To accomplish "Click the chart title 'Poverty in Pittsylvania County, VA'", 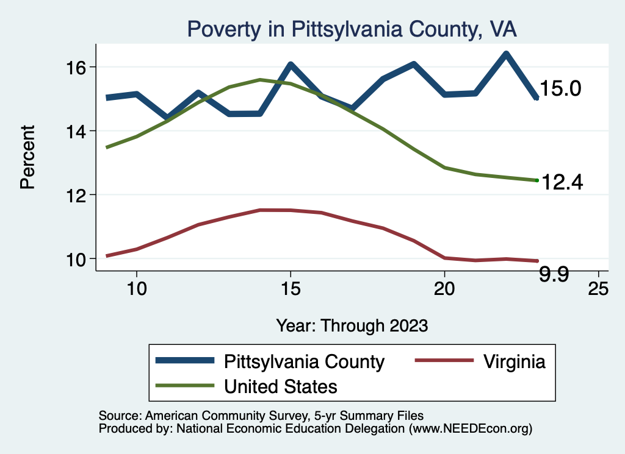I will coord(352,29).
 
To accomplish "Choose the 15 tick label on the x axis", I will coord(290,289).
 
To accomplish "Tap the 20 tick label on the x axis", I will coord(444,289).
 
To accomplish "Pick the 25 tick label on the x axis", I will coord(598,289).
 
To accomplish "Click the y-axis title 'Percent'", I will coord(28,157).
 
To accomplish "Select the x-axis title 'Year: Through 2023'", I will coord(352,325).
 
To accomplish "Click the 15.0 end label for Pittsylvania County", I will coord(560,89).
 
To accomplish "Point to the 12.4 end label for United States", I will coord(562,182).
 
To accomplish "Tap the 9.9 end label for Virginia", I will coord(554,275).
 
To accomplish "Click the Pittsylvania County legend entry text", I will coord(305,361).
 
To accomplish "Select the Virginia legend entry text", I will coord(514,361).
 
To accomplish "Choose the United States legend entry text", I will coord(281,386).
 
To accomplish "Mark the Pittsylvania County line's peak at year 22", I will coord(506,54).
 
